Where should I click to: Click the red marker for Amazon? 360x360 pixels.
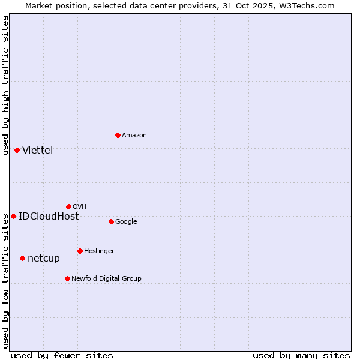(118, 135)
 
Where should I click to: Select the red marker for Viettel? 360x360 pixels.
(17, 150)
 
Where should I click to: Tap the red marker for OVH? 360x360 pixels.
(68, 206)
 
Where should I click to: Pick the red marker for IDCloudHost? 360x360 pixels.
(13, 216)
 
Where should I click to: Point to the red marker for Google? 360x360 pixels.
(111, 221)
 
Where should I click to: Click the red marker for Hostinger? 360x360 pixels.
(80, 251)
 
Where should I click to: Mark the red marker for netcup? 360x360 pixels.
(22, 258)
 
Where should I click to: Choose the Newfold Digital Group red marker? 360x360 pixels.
(67, 278)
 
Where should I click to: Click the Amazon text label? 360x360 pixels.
(134, 136)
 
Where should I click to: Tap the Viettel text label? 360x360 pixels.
(38, 151)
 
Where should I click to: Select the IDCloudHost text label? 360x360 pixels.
(49, 217)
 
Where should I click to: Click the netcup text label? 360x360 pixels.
(44, 259)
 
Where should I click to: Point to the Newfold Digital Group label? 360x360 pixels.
(106, 278)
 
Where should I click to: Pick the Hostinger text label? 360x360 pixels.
(99, 251)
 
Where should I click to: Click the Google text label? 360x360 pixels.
(126, 222)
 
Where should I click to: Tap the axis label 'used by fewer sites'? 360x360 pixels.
(62, 355)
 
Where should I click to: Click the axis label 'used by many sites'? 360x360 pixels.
(301, 355)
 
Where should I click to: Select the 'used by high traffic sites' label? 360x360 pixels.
(5, 85)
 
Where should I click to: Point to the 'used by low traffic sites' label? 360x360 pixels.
(5, 281)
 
